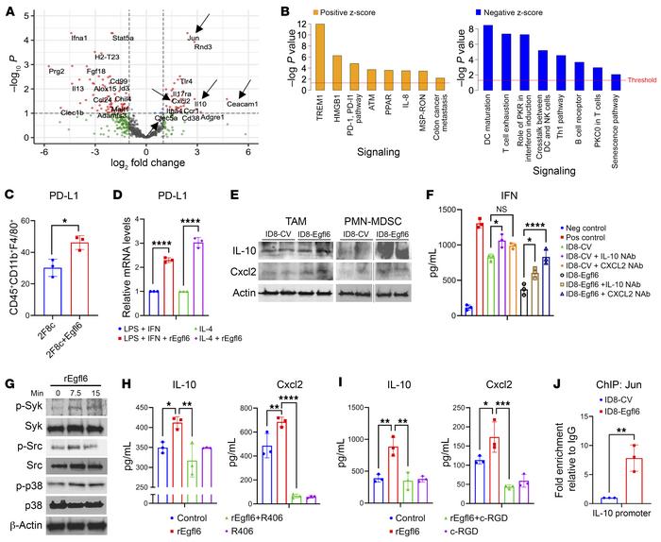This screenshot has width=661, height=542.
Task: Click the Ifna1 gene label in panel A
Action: point(80,38)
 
